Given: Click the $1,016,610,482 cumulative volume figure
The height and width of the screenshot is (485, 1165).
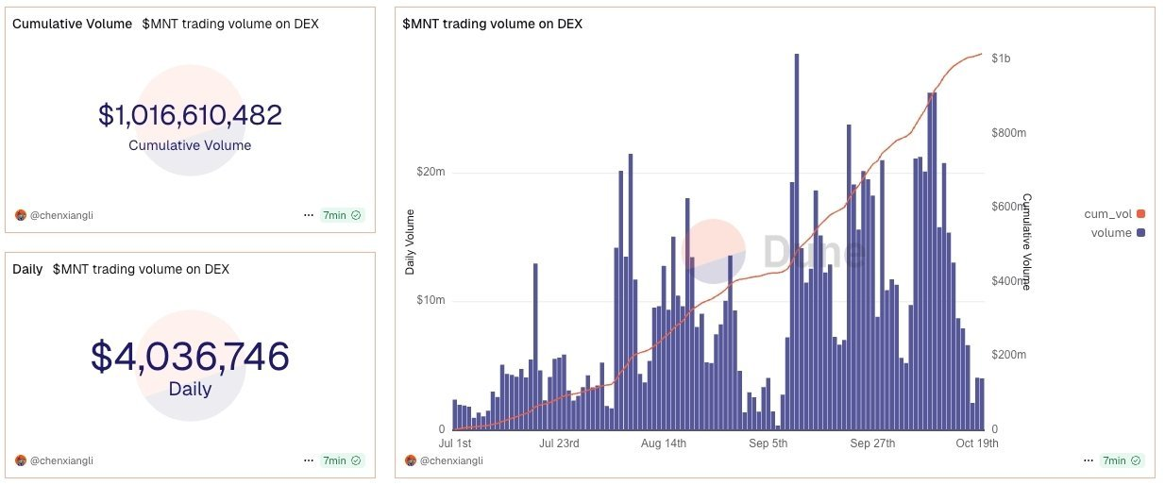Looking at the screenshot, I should coord(190,115).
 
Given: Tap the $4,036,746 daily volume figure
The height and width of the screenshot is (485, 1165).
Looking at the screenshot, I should coord(190,357).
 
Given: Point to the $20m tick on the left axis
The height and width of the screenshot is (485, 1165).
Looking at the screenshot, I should coord(431,173).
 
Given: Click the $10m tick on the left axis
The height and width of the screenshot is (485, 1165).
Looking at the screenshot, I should coord(431,301).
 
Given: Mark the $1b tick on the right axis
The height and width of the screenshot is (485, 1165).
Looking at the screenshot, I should coord(1001,59).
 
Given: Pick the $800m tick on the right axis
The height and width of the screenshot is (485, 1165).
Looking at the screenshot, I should coord(1008,133).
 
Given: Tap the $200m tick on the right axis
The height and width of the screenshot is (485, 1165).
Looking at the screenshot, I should coord(1008,355).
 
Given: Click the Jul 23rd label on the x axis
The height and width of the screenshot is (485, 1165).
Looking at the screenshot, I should coord(559,443).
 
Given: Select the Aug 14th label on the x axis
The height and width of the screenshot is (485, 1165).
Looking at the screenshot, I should coord(663,443).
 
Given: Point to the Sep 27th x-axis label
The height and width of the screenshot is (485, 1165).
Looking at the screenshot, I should coord(872,443).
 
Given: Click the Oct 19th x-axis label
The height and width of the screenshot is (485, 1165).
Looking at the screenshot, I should coord(976,443).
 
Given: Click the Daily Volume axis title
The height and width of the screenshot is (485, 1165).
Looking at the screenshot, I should coord(411,242).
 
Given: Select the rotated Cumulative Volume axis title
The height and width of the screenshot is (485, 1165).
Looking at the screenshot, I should coord(1027,242).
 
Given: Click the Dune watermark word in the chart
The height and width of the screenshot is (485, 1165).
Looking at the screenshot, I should coord(813,251).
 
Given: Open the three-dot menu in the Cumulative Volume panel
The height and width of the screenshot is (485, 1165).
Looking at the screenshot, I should coord(308,215).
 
